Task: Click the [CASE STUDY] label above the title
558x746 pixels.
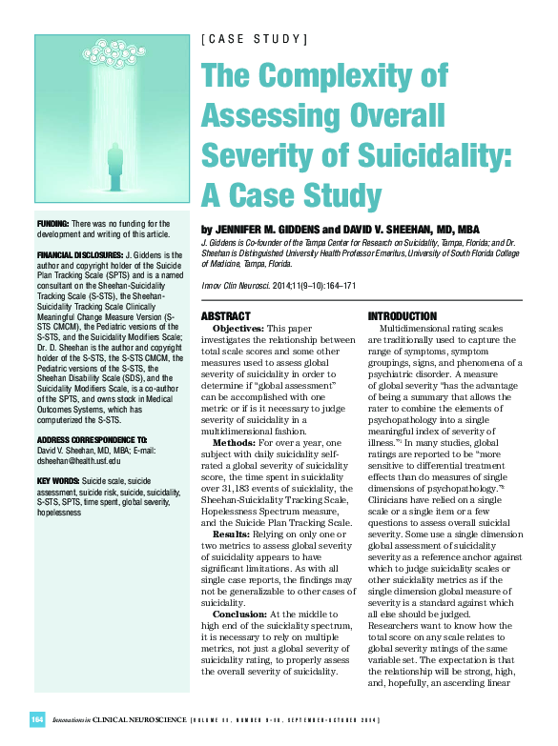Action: [x=254, y=39]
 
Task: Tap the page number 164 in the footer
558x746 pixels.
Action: [x=37, y=717]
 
